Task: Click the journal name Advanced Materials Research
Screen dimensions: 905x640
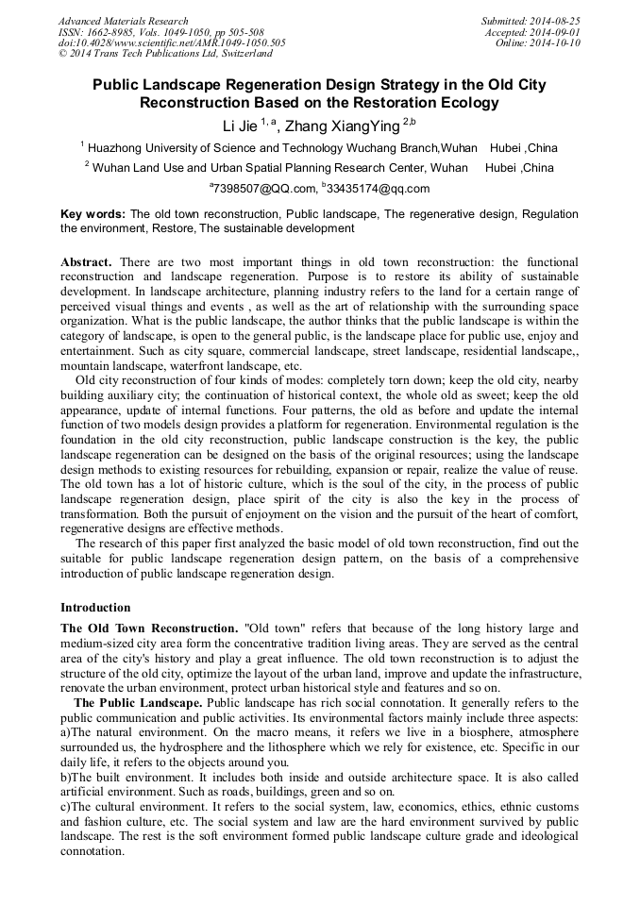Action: click(x=123, y=21)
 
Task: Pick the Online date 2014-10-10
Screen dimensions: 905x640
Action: click(x=555, y=43)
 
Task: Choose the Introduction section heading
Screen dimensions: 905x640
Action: click(x=95, y=608)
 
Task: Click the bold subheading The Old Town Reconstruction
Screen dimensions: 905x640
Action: click(x=148, y=628)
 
